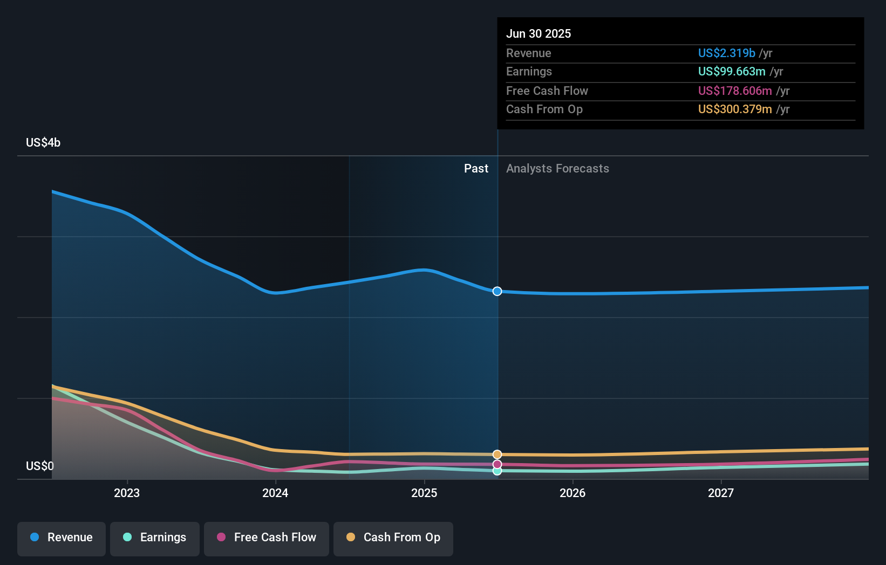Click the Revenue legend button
[62, 538]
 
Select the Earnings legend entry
[155, 538]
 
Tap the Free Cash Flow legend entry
[267, 538]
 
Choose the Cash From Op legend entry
[393, 538]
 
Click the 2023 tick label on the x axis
[127, 493]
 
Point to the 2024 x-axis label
[275, 493]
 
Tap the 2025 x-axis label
[424, 493]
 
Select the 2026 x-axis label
[573, 493]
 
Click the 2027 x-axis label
[721, 493]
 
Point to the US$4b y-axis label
[43, 143]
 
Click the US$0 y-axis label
[40, 466]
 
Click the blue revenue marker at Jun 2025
[497, 291]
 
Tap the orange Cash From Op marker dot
[497, 454]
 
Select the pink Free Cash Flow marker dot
[497, 464]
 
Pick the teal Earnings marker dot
[497, 471]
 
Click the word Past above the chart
[476, 169]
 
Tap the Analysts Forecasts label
[557, 169]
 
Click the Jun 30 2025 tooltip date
[538, 33]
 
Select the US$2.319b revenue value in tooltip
[726, 53]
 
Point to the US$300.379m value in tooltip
[734, 109]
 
